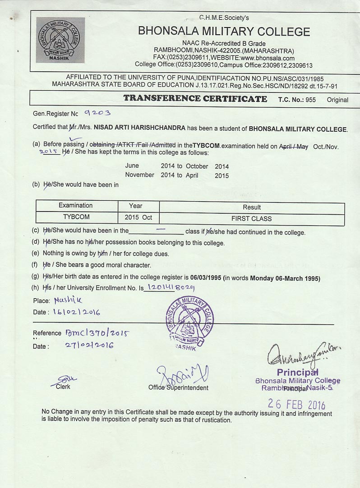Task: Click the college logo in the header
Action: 60,40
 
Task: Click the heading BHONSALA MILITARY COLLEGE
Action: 224,32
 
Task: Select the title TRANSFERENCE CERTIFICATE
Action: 195,99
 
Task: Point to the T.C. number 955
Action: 310,100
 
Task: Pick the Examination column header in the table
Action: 76,206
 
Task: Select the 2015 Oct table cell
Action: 138,217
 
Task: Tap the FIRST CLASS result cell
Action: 251,219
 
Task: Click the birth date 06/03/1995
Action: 206,278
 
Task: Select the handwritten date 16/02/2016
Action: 76,312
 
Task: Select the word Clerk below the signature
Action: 63,387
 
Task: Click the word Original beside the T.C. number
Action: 337,100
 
